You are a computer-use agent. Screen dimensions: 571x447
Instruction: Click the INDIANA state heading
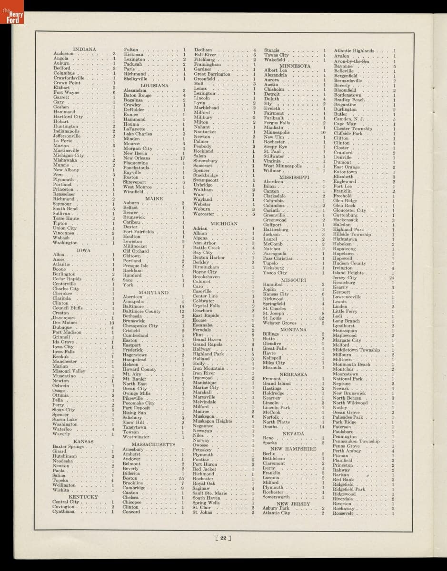[84, 49]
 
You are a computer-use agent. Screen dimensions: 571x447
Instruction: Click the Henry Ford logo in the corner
[9, 15]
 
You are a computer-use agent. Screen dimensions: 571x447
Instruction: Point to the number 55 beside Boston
[181, 478]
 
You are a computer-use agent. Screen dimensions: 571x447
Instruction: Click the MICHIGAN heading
[224, 223]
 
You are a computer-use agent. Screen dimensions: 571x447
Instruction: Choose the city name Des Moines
[65, 323]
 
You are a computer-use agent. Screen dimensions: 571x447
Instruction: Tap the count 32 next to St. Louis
[322, 318]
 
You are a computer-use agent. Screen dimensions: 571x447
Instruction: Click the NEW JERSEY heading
[293, 503]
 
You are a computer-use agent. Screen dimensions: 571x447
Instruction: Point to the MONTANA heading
[293, 329]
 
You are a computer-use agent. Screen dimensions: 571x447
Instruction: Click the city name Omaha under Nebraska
[270, 427]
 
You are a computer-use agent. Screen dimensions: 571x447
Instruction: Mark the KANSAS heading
[83, 442]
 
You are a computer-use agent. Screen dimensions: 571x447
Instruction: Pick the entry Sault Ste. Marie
[212, 493]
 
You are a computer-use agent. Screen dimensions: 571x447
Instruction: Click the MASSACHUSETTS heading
[153, 444]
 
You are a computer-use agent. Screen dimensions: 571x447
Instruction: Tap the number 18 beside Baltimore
[181, 306]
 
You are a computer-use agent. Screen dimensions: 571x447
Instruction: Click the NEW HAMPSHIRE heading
[293, 449]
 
